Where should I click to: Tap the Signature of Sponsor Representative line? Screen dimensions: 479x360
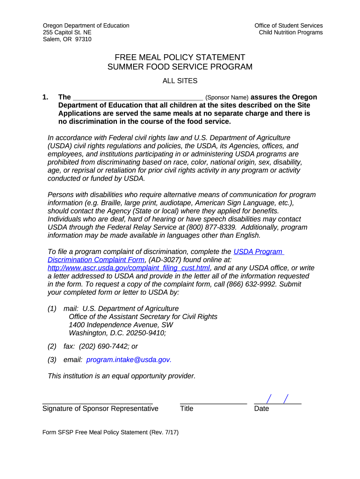click(97, 402)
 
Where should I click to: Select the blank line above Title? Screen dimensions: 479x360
click(213, 402)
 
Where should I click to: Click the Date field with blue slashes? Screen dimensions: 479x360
click(277, 399)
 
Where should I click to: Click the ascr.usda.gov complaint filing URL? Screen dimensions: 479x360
click(129, 268)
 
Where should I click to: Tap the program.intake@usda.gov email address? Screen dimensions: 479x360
click(129, 359)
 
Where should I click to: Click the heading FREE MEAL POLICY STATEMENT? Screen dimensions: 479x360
click(180, 57)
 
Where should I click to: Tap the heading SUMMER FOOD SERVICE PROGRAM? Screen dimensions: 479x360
click(180, 67)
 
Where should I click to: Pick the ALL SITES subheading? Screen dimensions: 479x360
click(180, 81)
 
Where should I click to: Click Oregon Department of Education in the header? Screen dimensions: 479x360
click(86, 25)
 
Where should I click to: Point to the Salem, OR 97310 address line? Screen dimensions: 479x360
click(67, 39)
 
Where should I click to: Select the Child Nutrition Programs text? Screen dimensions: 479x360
click(291, 32)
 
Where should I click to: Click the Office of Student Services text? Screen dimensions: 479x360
click(288, 25)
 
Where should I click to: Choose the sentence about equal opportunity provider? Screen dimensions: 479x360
click(122, 376)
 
